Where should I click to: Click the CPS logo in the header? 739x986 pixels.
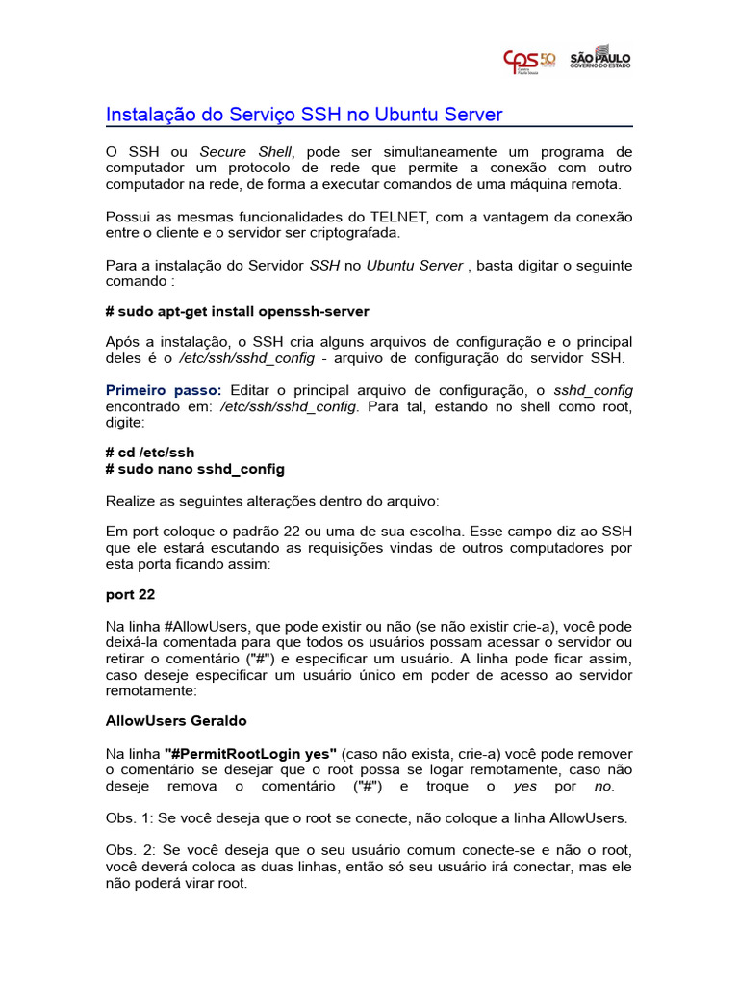pyautogui.click(x=529, y=61)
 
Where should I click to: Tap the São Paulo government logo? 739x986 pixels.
pyautogui.click(x=600, y=57)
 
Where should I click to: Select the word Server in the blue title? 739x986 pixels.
pyautogui.click(x=471, y=115)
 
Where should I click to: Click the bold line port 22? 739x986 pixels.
pyautogui.click(x=130, y=594)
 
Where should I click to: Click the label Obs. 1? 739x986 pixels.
pyautogui.click(x=131, y=817)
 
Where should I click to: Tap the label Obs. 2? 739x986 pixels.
pyautogui.click(x=131, y=850)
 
